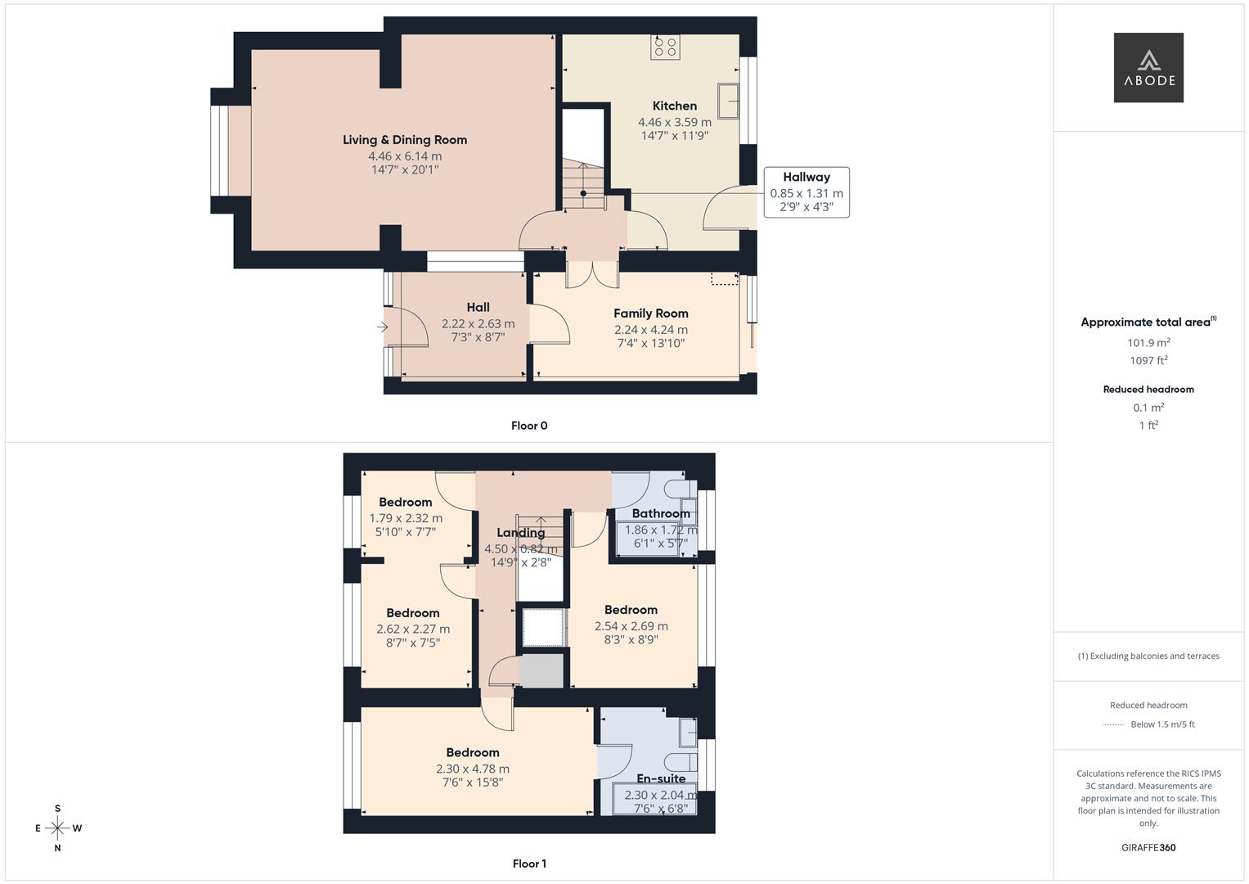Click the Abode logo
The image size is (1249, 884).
[x=1148, y=67]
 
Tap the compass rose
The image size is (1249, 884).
[x=57, y=828]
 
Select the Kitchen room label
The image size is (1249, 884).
[x=675, y=106]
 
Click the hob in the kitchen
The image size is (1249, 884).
[x=665, y=47]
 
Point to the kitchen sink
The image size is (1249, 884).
[x=728, y=101]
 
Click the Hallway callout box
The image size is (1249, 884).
[x=806, y=192]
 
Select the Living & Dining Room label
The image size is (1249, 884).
[x=405, y=140]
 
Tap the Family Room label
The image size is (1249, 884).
[x=651, y=313]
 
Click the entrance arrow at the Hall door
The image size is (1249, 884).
[x=383, y=327]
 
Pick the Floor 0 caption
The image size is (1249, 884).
[x=529, y=426]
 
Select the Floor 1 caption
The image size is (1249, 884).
[x=529, y=864]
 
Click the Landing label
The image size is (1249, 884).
[x=521, y=533]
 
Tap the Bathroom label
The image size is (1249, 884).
[x=661, y=513]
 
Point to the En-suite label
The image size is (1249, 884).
[x=661, y=778]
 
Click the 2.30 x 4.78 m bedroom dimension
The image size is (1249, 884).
[x=473, y=769]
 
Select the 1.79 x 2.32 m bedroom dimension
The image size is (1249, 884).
[x=406, y=518]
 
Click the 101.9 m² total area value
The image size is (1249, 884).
[x=1148, y=343]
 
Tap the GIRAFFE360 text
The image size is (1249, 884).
[x=1148, y=847]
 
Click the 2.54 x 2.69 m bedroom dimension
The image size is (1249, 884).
[x=631, y=625]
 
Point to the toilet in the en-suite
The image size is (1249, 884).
[x=681, y=761]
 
